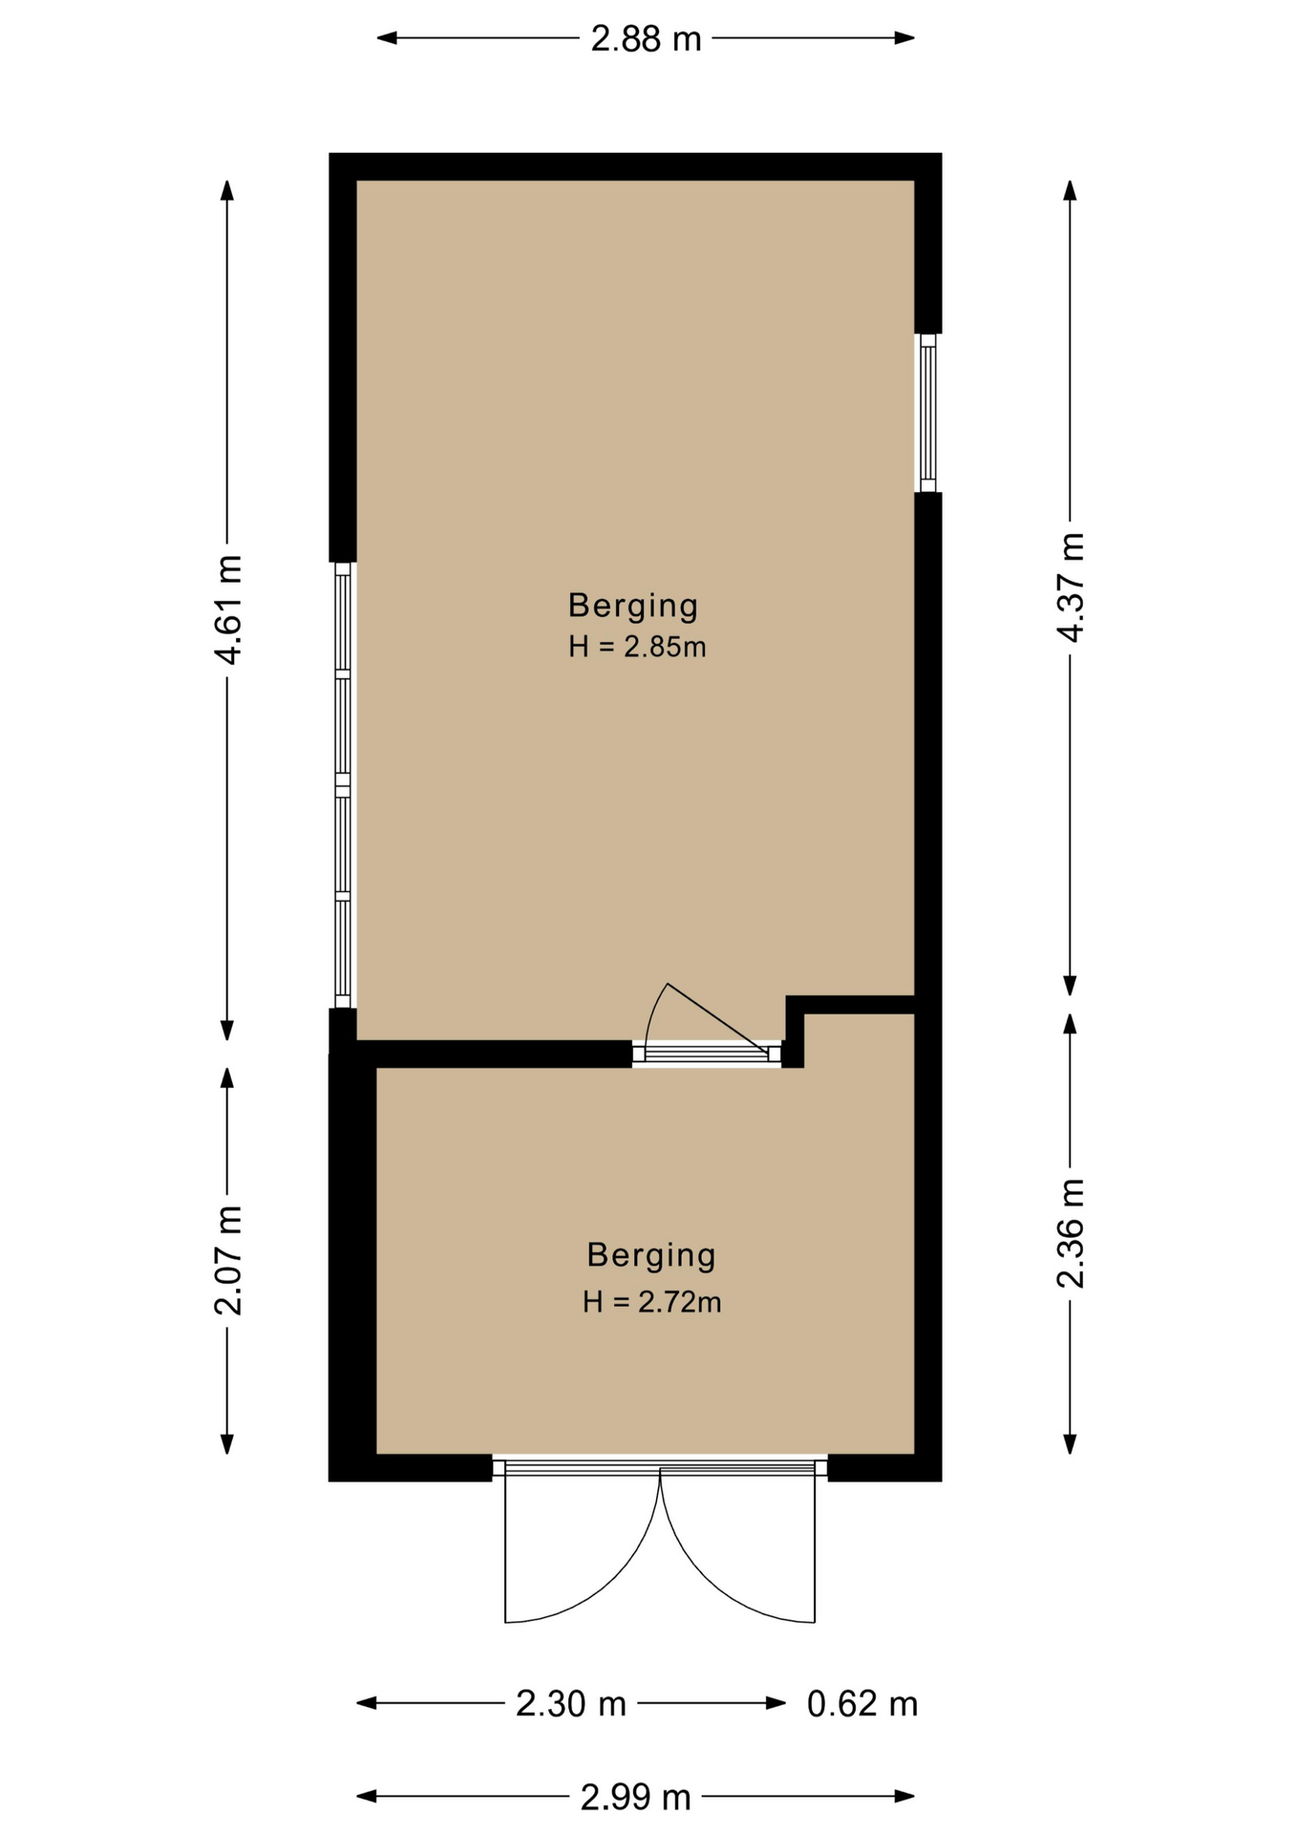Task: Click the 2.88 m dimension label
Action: click(x=646, y=39)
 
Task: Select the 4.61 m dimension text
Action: click(x=228, y=609)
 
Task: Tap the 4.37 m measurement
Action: click(x=1071, y=587)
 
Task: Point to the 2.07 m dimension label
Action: click(x=228, y=1261)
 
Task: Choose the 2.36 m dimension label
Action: click(x=1071, y=1233)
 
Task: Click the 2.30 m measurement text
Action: click(x=571, y=1703)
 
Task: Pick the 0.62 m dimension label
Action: click(x=862, y=1703)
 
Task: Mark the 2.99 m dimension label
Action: click(x=636, y=1798)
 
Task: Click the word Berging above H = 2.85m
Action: click(x=633, y=606)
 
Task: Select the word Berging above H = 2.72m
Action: click(x=651, y=1255)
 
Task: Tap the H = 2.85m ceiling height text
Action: click(x=637, y=647)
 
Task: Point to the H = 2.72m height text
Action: click(x=652, y=1302)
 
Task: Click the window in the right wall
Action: click(x=927, y=413)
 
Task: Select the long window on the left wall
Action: click(x=343, y=785)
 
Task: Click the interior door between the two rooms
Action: click(x=708, y=1053)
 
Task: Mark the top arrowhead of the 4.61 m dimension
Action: click(x=227, y=190)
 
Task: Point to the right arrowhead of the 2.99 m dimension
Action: click(x=904, y=1797)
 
